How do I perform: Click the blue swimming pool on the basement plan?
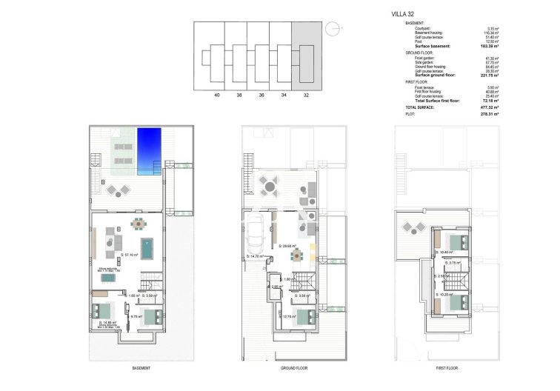click(149, 151)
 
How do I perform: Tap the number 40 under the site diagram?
click(217, 95)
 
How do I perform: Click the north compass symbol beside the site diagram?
click(335, 30)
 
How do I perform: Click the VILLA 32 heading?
click(402, 13)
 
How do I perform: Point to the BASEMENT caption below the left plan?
click(141, 368)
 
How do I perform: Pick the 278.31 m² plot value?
click(488, 115)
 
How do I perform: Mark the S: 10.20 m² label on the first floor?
click(445, 294)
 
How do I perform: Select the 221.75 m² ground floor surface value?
click(488, 76)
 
